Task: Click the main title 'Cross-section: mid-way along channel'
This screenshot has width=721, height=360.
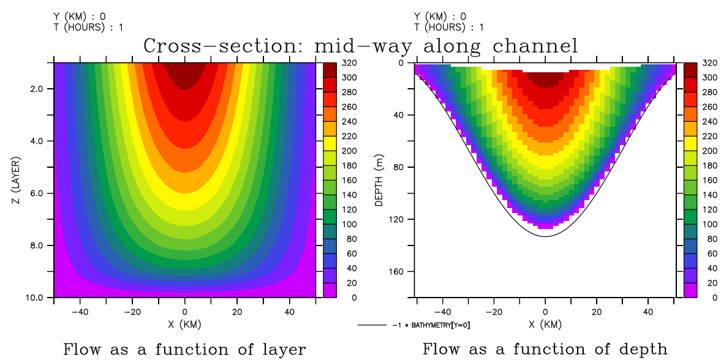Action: pyautogui.click(x=360, y=46)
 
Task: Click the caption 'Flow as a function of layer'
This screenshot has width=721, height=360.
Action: pyautogui.click(x=184, y=349)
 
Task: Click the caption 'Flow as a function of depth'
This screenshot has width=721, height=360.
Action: pyautogui.click(x=545, y=349)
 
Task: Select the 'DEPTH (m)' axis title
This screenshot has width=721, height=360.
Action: pyautogui.click(x=379, y=180)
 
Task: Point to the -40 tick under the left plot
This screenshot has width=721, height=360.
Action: pyautogui.click(x=81, y=311)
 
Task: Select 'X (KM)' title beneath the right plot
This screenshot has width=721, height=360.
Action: pyautogui.click(x=545, y=324)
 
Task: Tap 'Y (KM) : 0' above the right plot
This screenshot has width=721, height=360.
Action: pyautogui.click(x=440, y=17)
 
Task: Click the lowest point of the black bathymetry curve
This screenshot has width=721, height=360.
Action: pyautogui.click(x=545, y=236)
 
